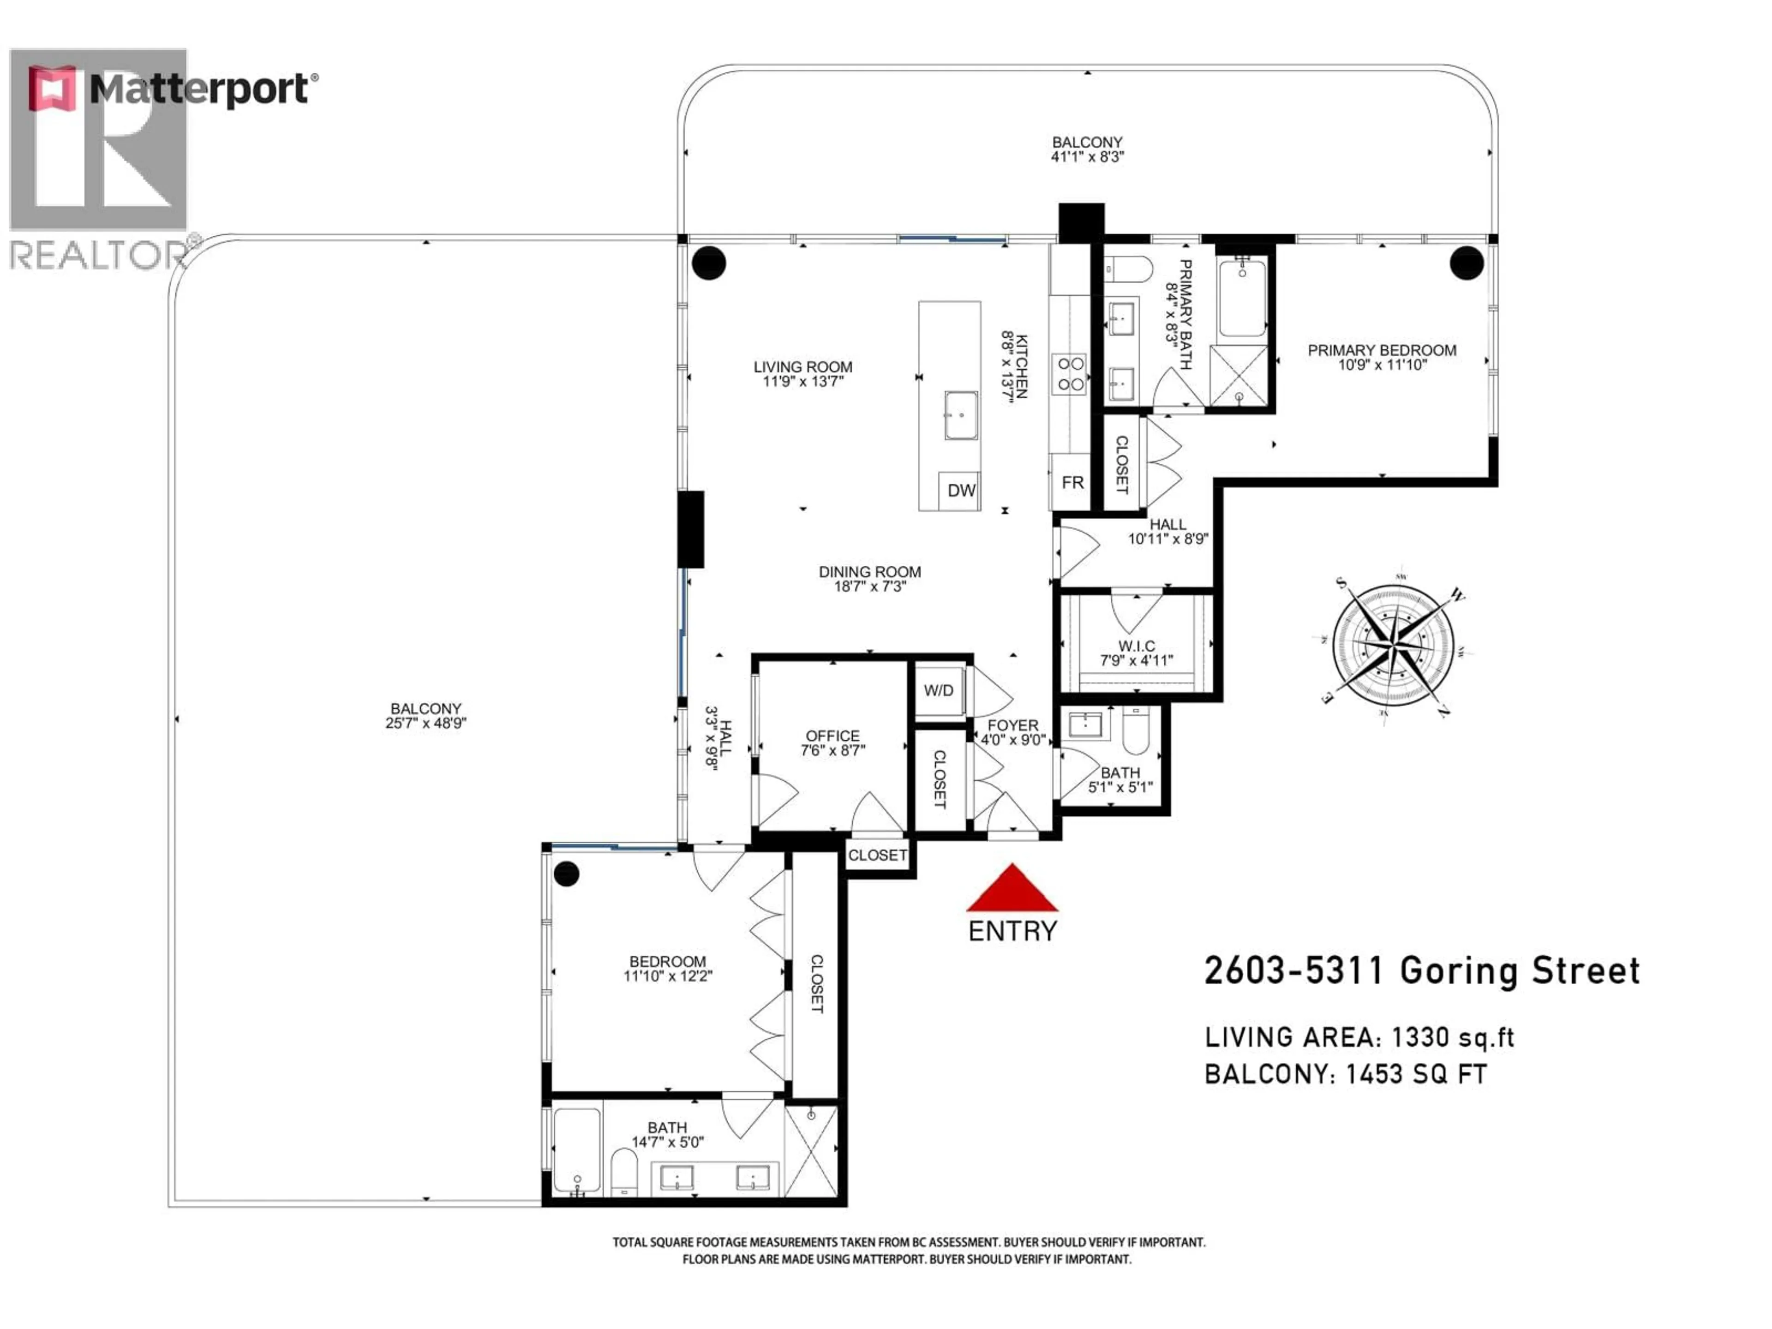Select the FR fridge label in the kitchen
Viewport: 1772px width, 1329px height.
tap(1072, 482)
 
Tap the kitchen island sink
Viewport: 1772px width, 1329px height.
tap(960, 415)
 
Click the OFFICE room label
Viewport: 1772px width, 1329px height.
tap(832, 736)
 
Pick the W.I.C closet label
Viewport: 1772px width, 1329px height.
tap(1137, 646)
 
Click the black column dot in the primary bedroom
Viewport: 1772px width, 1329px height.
tap(1466, 263)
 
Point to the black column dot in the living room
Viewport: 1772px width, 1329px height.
tap(708, 263)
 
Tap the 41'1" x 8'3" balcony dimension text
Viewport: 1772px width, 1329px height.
tap(1087, 157)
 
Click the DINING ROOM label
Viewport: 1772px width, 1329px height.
tap(869, 572)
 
